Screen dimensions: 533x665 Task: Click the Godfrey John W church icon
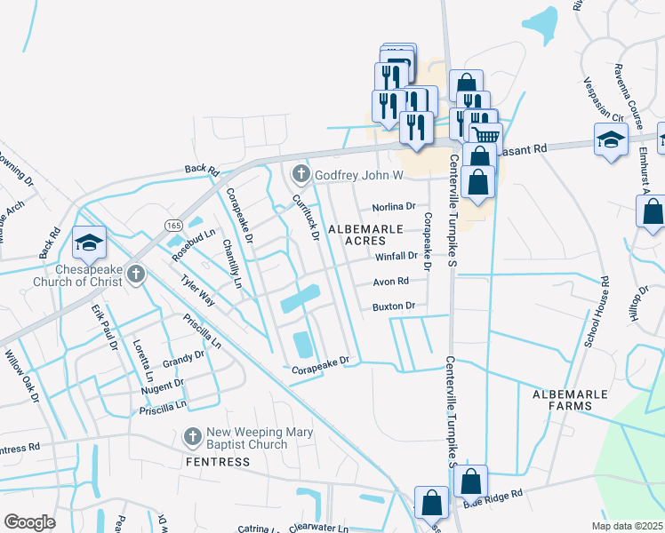[x=301, y=173]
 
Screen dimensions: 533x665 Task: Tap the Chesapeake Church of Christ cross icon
[x=135, y=273]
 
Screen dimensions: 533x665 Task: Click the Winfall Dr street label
[x=396, y=256]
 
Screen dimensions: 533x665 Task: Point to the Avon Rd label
[x=390, y=282]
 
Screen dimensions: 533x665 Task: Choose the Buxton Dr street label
[x=394, y=306]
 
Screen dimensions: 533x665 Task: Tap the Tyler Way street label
[x=197, y=290]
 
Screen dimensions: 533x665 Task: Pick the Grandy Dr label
[x=184, y=360]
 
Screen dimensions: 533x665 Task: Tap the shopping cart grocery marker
[x=485, y=136]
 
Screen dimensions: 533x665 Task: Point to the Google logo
[x=29, y=522]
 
